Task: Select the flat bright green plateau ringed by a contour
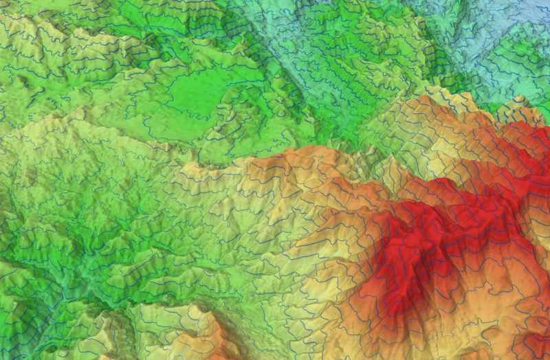199,96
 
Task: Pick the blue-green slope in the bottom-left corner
14,337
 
